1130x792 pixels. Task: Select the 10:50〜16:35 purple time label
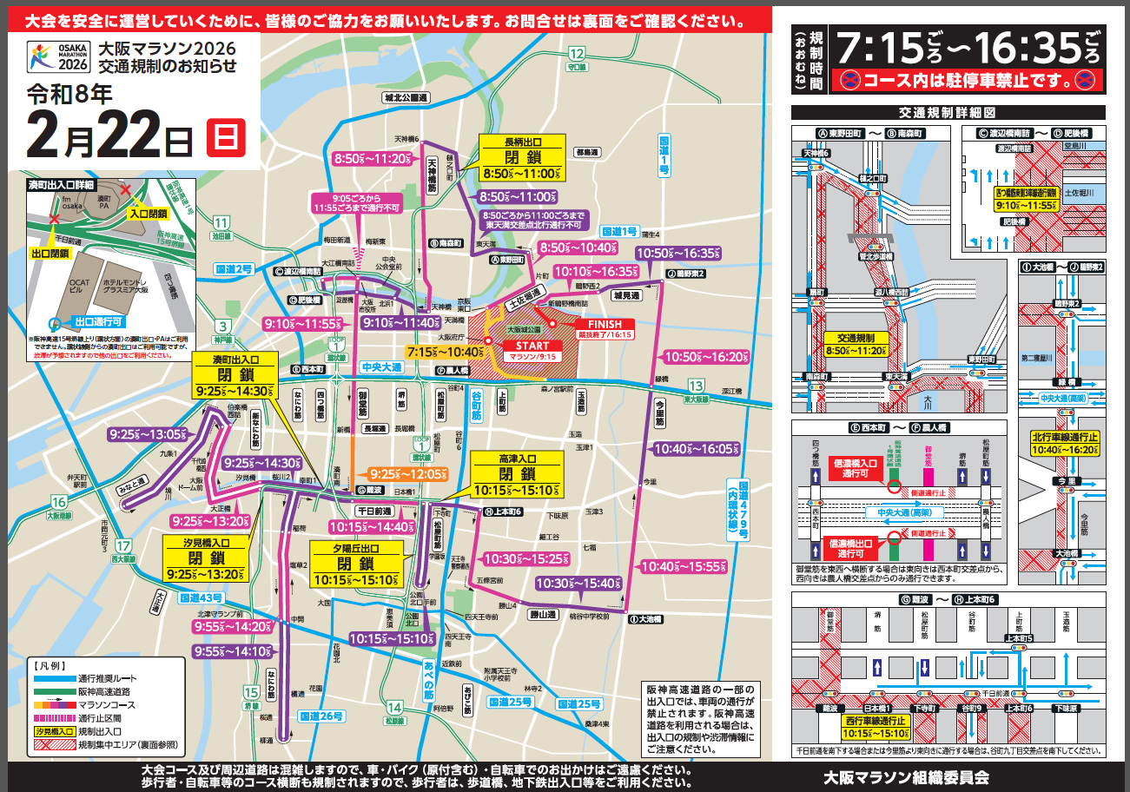pyautogui.click(x=679, y=253)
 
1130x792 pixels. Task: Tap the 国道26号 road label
pyautogui.click(x=321, y=716)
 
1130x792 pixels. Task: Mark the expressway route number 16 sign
pyautogui.click(x=58, y=502)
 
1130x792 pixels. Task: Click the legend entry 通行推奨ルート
pyautogui.click(x=108, y=678)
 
